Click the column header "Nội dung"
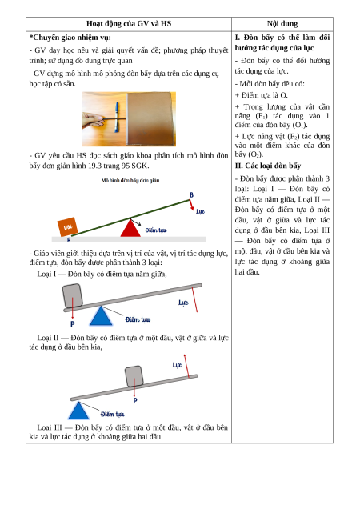coord(282,24)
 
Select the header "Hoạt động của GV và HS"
coord(129,24)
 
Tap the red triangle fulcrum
coord(130,227)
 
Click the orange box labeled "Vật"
coord(67,226)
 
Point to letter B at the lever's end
coord(191,194)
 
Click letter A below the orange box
coord(69,240)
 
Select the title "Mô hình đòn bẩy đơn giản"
coord(130,181)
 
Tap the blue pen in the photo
coord(116,117)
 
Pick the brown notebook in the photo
coord(150,118)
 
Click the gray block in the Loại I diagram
coord(72,296)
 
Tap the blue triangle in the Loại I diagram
coord(101,316)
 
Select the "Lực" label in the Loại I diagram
coord(183,303)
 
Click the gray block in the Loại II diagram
coord(134,376)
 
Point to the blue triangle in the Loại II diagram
coord(78,411)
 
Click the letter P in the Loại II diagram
coord(135,401)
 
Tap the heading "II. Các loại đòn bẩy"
coord(268,166)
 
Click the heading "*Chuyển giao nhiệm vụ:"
coord(70,38)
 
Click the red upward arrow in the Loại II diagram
coord(186,367)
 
